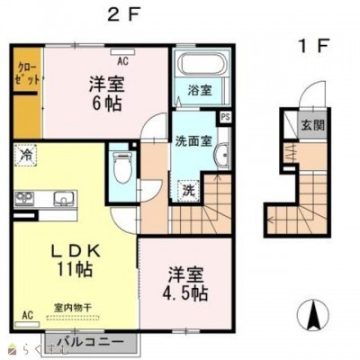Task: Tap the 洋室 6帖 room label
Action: click(x=107, y=93)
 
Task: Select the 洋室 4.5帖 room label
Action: click(x=187, y=284)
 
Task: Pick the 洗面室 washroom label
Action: click(x=193, y=140)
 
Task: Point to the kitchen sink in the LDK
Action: click(x=63, y=198)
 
